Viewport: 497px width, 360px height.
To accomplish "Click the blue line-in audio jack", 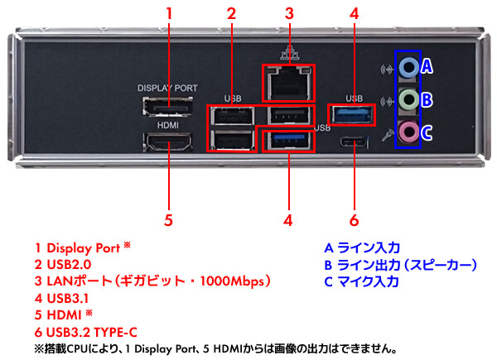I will (408, 66).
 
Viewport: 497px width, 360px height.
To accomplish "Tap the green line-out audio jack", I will (408, 100).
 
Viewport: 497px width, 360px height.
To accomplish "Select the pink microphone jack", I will (408, 132).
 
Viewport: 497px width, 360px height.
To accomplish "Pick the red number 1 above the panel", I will (169, 13).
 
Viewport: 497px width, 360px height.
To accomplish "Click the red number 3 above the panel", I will (289, 13).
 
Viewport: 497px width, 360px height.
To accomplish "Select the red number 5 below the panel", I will (168, 220).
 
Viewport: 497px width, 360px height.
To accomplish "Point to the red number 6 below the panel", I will (354, 220).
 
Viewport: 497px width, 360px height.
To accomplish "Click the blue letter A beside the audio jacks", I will (427, 66).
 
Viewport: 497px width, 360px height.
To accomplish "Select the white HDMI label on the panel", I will (168, 125).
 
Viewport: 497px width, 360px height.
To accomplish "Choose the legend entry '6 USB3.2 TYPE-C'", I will (92, 332).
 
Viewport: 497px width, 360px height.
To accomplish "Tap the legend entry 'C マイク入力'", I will (362, 281).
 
